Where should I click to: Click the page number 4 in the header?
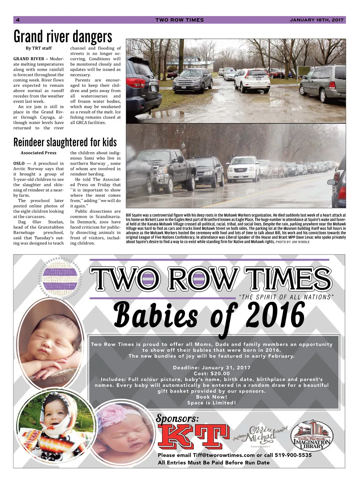click(18, 20)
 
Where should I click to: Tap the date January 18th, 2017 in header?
click(316, 20)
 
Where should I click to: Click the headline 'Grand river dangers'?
click(63, 37)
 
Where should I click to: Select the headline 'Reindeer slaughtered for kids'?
click(65, 142)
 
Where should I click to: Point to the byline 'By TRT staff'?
click(39, 48)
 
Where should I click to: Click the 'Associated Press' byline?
click(39, 153)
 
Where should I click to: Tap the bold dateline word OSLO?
click(19, 163)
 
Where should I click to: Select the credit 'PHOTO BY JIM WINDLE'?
click(292, 242)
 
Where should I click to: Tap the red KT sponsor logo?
click(194, 436)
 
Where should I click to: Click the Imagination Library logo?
click(311, 436)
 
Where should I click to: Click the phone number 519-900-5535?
click(293, 455)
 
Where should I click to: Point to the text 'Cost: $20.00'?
click(212, 374)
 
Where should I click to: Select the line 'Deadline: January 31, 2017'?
click(212, 368)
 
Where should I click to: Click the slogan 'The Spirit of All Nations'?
click(286, 297)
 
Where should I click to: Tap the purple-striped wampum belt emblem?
click(60, 278)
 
